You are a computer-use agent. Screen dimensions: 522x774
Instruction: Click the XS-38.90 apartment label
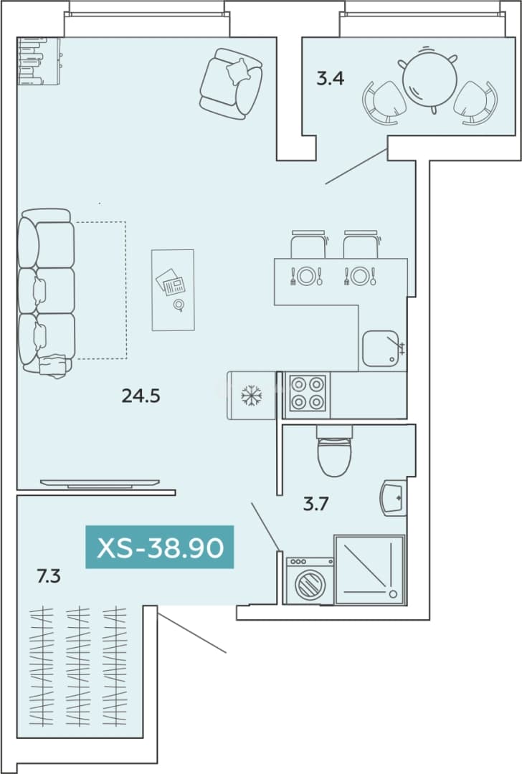159,547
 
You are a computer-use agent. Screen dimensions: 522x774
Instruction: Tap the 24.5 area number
141,396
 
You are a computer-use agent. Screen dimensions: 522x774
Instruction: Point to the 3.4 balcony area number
330,78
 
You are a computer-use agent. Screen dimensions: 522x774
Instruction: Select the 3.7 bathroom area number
315,504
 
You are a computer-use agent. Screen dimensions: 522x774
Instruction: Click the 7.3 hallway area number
48,575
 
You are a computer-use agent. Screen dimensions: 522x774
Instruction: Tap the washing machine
310,581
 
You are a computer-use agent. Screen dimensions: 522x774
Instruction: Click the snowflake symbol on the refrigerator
252,395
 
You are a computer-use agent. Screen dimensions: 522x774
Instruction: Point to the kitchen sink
381,348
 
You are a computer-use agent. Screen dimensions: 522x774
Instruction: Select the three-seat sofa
46,292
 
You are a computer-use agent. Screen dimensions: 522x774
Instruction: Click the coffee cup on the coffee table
179,305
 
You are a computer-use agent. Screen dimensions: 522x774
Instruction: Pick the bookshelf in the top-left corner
39,61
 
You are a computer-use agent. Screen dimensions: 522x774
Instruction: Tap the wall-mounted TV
100,483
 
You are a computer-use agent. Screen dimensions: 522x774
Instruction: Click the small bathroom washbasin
393,497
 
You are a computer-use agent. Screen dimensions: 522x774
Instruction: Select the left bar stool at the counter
308,244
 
